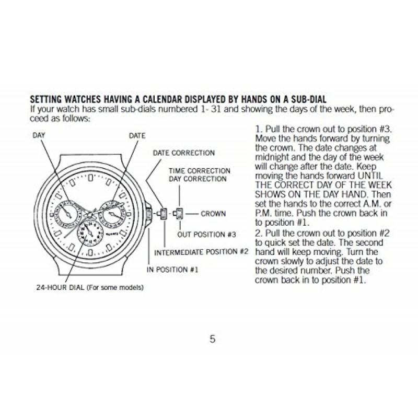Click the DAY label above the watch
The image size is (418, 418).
click(39, 135)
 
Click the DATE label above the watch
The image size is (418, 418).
click(137, 135)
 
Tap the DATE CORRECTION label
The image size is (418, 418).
click(183, 153)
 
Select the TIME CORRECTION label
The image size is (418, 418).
click(199, 171)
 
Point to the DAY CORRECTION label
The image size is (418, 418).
click(198, 179)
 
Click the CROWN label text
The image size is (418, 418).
click(213, 214)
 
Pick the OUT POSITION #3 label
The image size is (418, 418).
click(207, 234)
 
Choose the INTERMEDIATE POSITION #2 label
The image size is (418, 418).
click(201, 251)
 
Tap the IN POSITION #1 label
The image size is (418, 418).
click(172, 269)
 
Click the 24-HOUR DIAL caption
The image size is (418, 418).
click(89, 287)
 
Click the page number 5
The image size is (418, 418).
click(212, 339)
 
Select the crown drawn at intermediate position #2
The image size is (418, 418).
click(162, 213)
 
